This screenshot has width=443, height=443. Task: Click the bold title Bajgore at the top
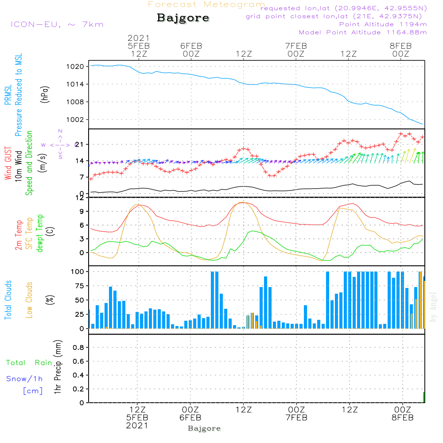(183, 18)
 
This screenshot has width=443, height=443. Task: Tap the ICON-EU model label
(57, 24)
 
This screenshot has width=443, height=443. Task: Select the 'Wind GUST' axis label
(8, 163)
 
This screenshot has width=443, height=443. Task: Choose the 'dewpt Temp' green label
(40, 234)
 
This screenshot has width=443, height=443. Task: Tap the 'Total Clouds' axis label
(8, 299)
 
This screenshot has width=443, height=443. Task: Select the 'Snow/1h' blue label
(24, 379)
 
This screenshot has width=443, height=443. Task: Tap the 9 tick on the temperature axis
(82, 211)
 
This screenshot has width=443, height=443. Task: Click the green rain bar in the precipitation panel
(424, 397)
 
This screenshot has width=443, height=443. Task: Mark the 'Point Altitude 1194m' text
(383, 24)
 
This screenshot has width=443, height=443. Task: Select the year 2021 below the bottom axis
(137, 425)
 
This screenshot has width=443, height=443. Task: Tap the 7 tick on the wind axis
(82, 177)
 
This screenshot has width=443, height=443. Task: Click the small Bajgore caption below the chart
(204, 428)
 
